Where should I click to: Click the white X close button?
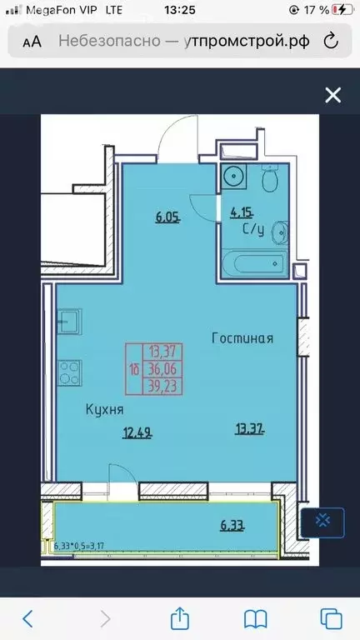click(332, 95)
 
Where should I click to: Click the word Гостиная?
click(242, 338)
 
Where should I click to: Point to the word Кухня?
click(105, 409)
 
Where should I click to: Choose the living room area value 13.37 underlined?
click(250, 430)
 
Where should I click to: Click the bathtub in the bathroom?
click(252, 264)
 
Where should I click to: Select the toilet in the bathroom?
click(268, 179)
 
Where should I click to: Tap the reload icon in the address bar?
click(330, 40)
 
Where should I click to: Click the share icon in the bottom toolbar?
click(179, 617)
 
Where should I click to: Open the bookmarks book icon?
click(255, 617)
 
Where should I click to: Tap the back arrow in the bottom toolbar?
click(28, 617)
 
